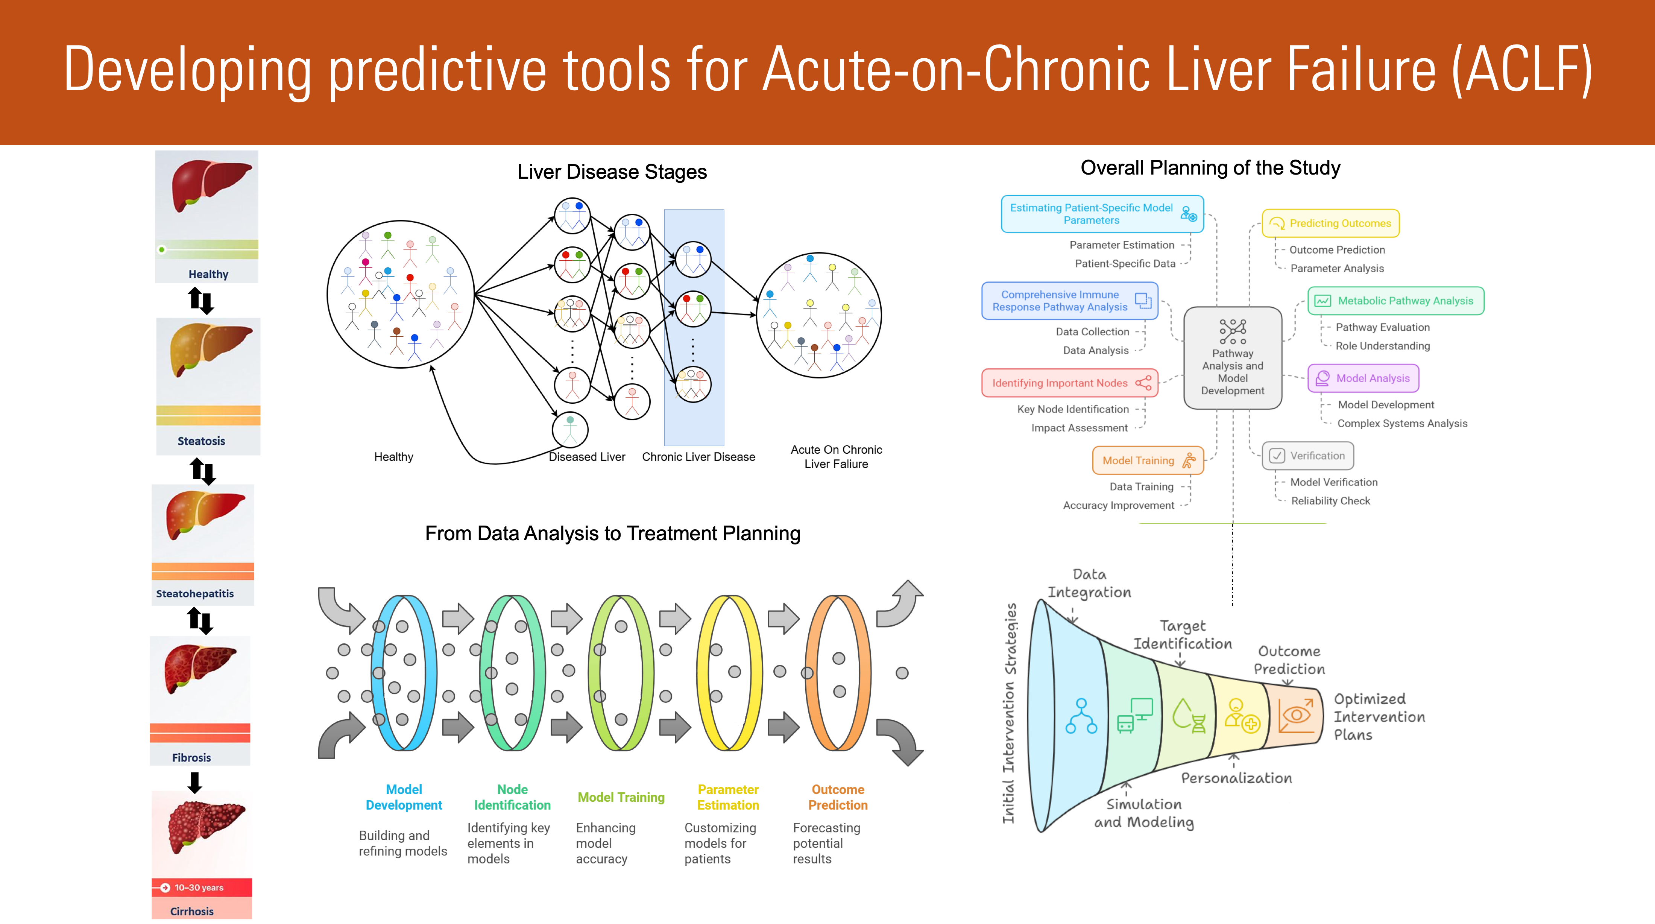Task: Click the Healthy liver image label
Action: pyautogui.click(x=208, y=274)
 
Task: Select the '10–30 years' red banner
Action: pyautogui.click(x=202, y=888)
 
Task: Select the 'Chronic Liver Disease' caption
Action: pyautogui.click(x=698, y=457)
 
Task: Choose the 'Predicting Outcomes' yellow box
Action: pyautogui.click(x=1330, y=223)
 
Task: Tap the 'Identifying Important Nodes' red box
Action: pyautogui.click(x=1070, y=383)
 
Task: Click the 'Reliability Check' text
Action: pyautogui.click(x=1330, y=500)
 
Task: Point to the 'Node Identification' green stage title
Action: pyautogui.click(x=512, y=797)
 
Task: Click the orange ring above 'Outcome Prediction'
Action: pyautogui.click(x=838, y=673)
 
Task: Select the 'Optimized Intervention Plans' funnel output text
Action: pyautogui.click(x=1379, y=716)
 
